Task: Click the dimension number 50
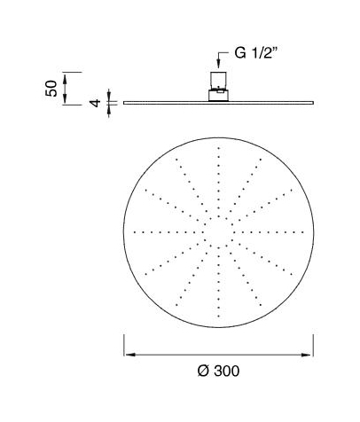51,88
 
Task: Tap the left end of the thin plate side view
124,103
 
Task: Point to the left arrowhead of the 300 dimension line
126,353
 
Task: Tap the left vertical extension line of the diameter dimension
122,346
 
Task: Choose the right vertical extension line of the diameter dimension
315,346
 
